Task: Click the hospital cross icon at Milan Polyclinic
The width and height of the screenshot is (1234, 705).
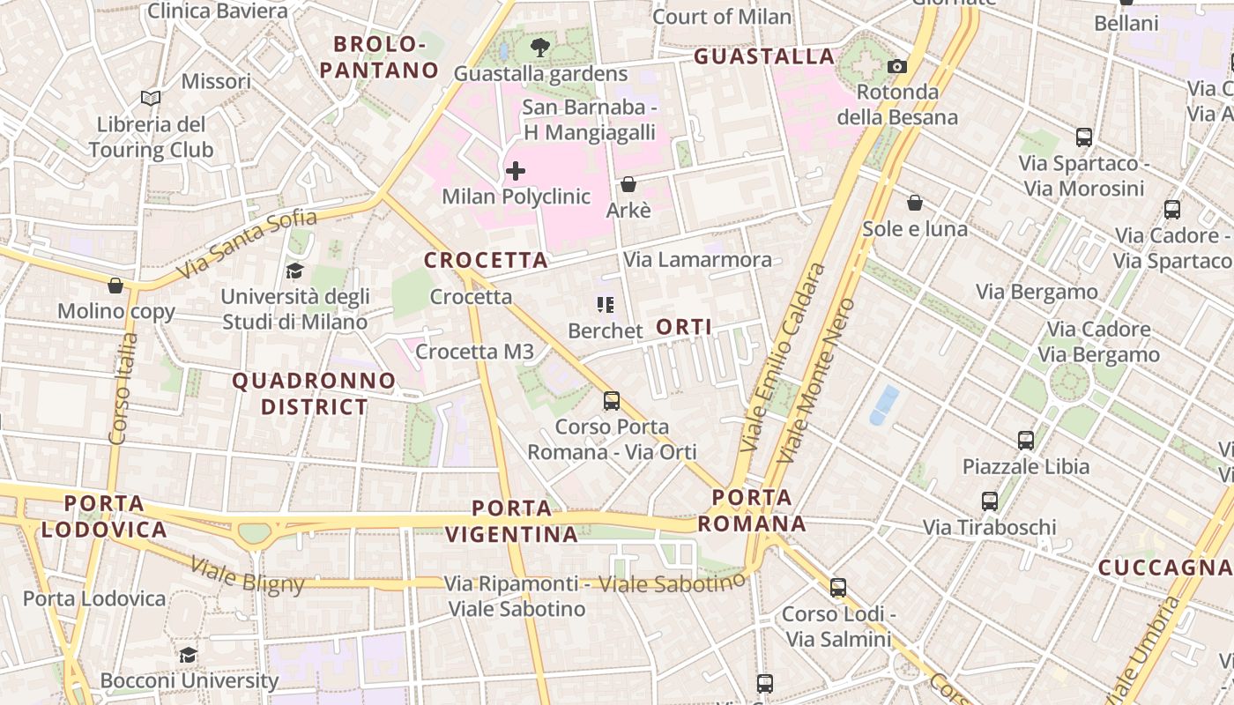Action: tap(516, 171)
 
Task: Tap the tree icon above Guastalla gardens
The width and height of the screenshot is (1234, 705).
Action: tap(539, 48)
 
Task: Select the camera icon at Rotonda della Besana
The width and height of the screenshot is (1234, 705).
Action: tap(897, 66)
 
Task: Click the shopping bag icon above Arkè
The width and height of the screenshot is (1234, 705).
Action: tap(628, 184)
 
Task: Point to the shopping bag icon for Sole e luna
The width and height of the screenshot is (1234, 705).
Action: tap(915, 203)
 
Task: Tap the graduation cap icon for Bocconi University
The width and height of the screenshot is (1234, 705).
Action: tap(188, 655)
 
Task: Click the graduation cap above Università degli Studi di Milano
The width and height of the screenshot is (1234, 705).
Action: tap(294, 271)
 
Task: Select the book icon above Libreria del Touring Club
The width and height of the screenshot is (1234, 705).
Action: tap(151, 98)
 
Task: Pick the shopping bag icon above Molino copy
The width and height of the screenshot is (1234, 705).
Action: tap(115, 286)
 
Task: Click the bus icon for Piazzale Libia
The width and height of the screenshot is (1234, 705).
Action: tap(1025, 440)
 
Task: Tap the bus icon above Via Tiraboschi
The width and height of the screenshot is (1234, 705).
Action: tap(990, 501)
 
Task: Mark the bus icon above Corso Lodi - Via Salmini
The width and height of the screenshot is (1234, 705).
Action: tap(837, 587)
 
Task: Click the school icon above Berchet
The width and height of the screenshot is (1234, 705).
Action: tap(605, 305)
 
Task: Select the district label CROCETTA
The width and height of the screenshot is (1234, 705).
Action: tap(486, 261)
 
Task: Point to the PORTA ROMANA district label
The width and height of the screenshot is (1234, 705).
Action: tap(752, 510)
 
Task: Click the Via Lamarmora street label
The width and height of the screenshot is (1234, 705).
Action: tap(697, 260)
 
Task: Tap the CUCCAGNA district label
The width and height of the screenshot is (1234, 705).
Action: tap(1164, 568)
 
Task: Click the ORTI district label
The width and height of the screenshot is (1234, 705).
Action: tap(684, 327)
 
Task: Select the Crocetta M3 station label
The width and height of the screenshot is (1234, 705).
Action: tap(474, 352)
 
